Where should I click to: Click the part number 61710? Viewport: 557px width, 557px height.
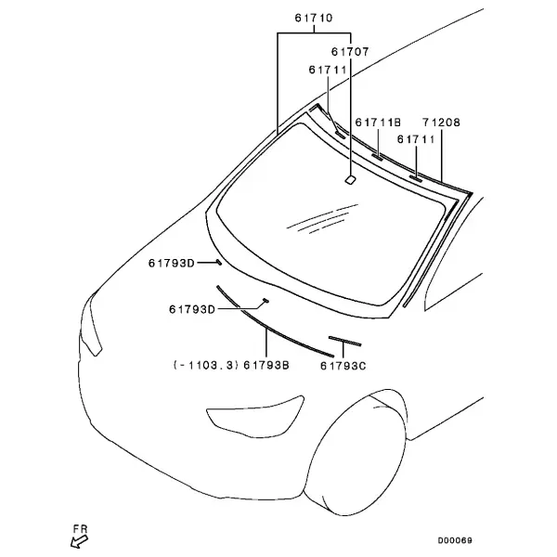tap(314, 18)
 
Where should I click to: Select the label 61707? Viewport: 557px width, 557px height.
tap(350, 52)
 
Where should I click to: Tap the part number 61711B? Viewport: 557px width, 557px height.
tap(378, 123)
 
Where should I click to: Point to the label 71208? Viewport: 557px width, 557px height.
tap(441, 123)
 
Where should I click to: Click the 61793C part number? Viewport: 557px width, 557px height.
tap(343, 366)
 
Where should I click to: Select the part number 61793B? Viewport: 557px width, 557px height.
tap(266, 365)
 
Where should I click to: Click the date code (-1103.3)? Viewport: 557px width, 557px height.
tap(206, 365)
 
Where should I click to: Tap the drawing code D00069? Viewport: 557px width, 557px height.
tap(455, 540)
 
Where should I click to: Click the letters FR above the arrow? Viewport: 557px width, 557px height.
tap(80, 529)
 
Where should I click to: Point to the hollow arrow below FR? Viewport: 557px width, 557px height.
tap(79, 542)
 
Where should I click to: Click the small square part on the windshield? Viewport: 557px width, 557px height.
tap(351, 180)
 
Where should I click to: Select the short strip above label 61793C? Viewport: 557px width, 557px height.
tap(344, 341)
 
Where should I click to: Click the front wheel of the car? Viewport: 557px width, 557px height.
tap(356, 452)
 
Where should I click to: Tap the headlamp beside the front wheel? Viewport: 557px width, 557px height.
tap(255, 416)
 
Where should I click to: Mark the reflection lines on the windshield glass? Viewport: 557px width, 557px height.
tap(322, 219)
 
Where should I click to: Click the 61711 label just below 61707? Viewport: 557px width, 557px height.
tap(328, 70)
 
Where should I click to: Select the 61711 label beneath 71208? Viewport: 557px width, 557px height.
tap(416, 139)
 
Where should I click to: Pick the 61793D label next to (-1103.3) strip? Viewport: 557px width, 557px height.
tap(192, 309)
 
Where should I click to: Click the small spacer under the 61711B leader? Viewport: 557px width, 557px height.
tap(377, 157)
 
